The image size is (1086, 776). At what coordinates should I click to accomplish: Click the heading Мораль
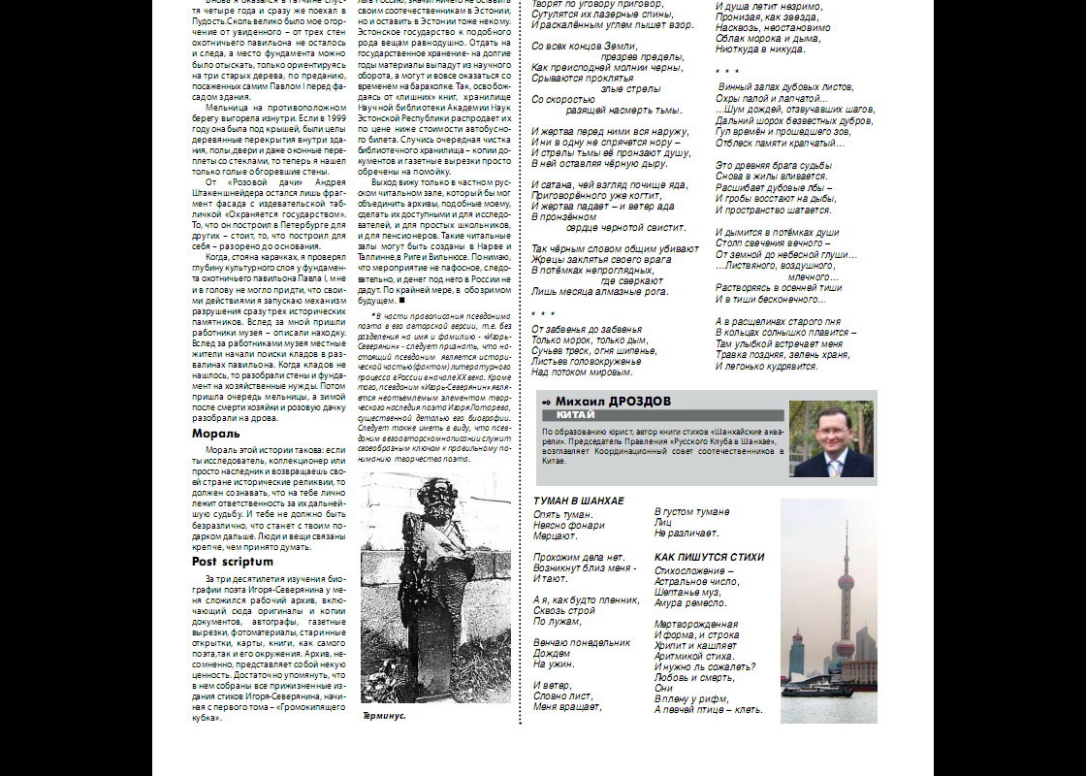pos(215,434)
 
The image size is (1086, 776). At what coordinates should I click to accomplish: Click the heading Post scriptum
pos(233,562)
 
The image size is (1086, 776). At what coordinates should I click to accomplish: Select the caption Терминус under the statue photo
pos(384,716)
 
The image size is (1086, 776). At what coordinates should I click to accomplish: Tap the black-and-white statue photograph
pos(435,587)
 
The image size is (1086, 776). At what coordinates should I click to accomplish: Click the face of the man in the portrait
pos(834,428)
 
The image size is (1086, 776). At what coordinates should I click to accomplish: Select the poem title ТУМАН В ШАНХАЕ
pos(579,501)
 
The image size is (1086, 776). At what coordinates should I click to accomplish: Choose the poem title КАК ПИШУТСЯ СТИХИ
pos(709,558)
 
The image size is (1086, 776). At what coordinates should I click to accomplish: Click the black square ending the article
pos(400,301)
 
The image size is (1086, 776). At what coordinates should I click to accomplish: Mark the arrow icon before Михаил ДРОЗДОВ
pos(547,402)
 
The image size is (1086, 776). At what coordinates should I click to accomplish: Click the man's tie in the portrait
pos(834,466)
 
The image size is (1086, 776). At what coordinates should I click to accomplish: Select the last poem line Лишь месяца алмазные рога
pos(600,291)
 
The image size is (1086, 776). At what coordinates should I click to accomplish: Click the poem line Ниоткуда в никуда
pos(760,48)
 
